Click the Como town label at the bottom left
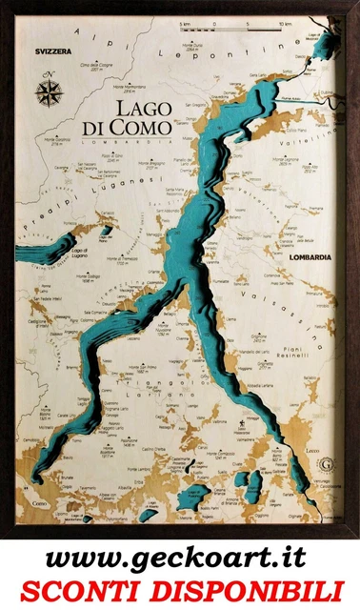pos(38,502)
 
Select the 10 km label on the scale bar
pos(285,19)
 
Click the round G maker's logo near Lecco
pos(329,465)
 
